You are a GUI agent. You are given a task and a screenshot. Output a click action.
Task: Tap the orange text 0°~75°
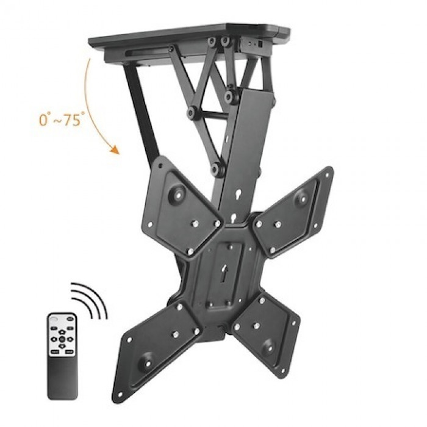61,120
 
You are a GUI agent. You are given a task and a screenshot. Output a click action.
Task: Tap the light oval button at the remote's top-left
55,321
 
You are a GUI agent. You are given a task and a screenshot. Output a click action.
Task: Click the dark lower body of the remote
63,378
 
